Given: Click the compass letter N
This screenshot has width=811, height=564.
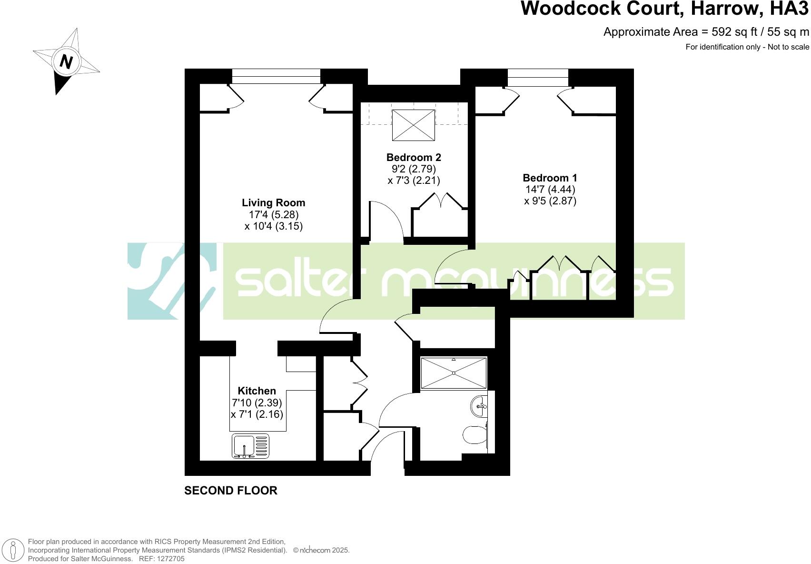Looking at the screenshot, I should click(66, 62).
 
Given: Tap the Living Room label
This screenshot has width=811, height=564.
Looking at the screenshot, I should click(273, 203).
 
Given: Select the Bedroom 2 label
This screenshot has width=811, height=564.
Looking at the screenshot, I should click(414, 158).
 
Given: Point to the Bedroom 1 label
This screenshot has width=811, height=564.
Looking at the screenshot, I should click(550, 178).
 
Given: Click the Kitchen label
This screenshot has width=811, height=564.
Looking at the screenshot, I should click(257, 391).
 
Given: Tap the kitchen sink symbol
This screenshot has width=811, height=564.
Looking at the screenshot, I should click(250, 446).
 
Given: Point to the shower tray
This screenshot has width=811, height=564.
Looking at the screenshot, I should click(454, 373).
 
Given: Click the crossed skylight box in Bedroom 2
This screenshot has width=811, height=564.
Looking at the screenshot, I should click(413, 125).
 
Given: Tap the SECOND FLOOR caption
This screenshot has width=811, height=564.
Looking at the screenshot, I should click(230, 491).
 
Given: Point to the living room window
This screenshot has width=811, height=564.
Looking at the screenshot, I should click(276, 76).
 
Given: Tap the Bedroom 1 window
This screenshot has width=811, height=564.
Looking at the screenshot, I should click(538, 77).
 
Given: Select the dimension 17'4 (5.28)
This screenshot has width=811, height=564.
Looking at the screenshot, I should click(273, 215).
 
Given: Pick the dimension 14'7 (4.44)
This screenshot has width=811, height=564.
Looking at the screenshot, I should click(550, 189).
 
